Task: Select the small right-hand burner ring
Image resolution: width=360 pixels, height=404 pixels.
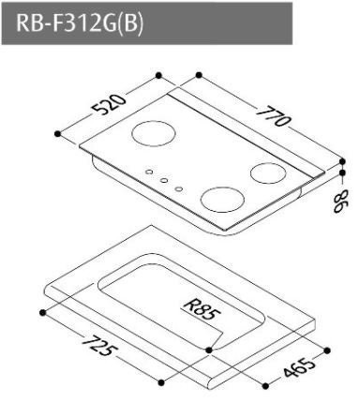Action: (269, 172)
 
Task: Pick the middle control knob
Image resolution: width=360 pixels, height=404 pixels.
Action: (162, 180)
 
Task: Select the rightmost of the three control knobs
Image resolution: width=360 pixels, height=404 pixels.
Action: (177, 188)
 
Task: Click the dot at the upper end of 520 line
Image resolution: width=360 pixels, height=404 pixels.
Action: (159, 74)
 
